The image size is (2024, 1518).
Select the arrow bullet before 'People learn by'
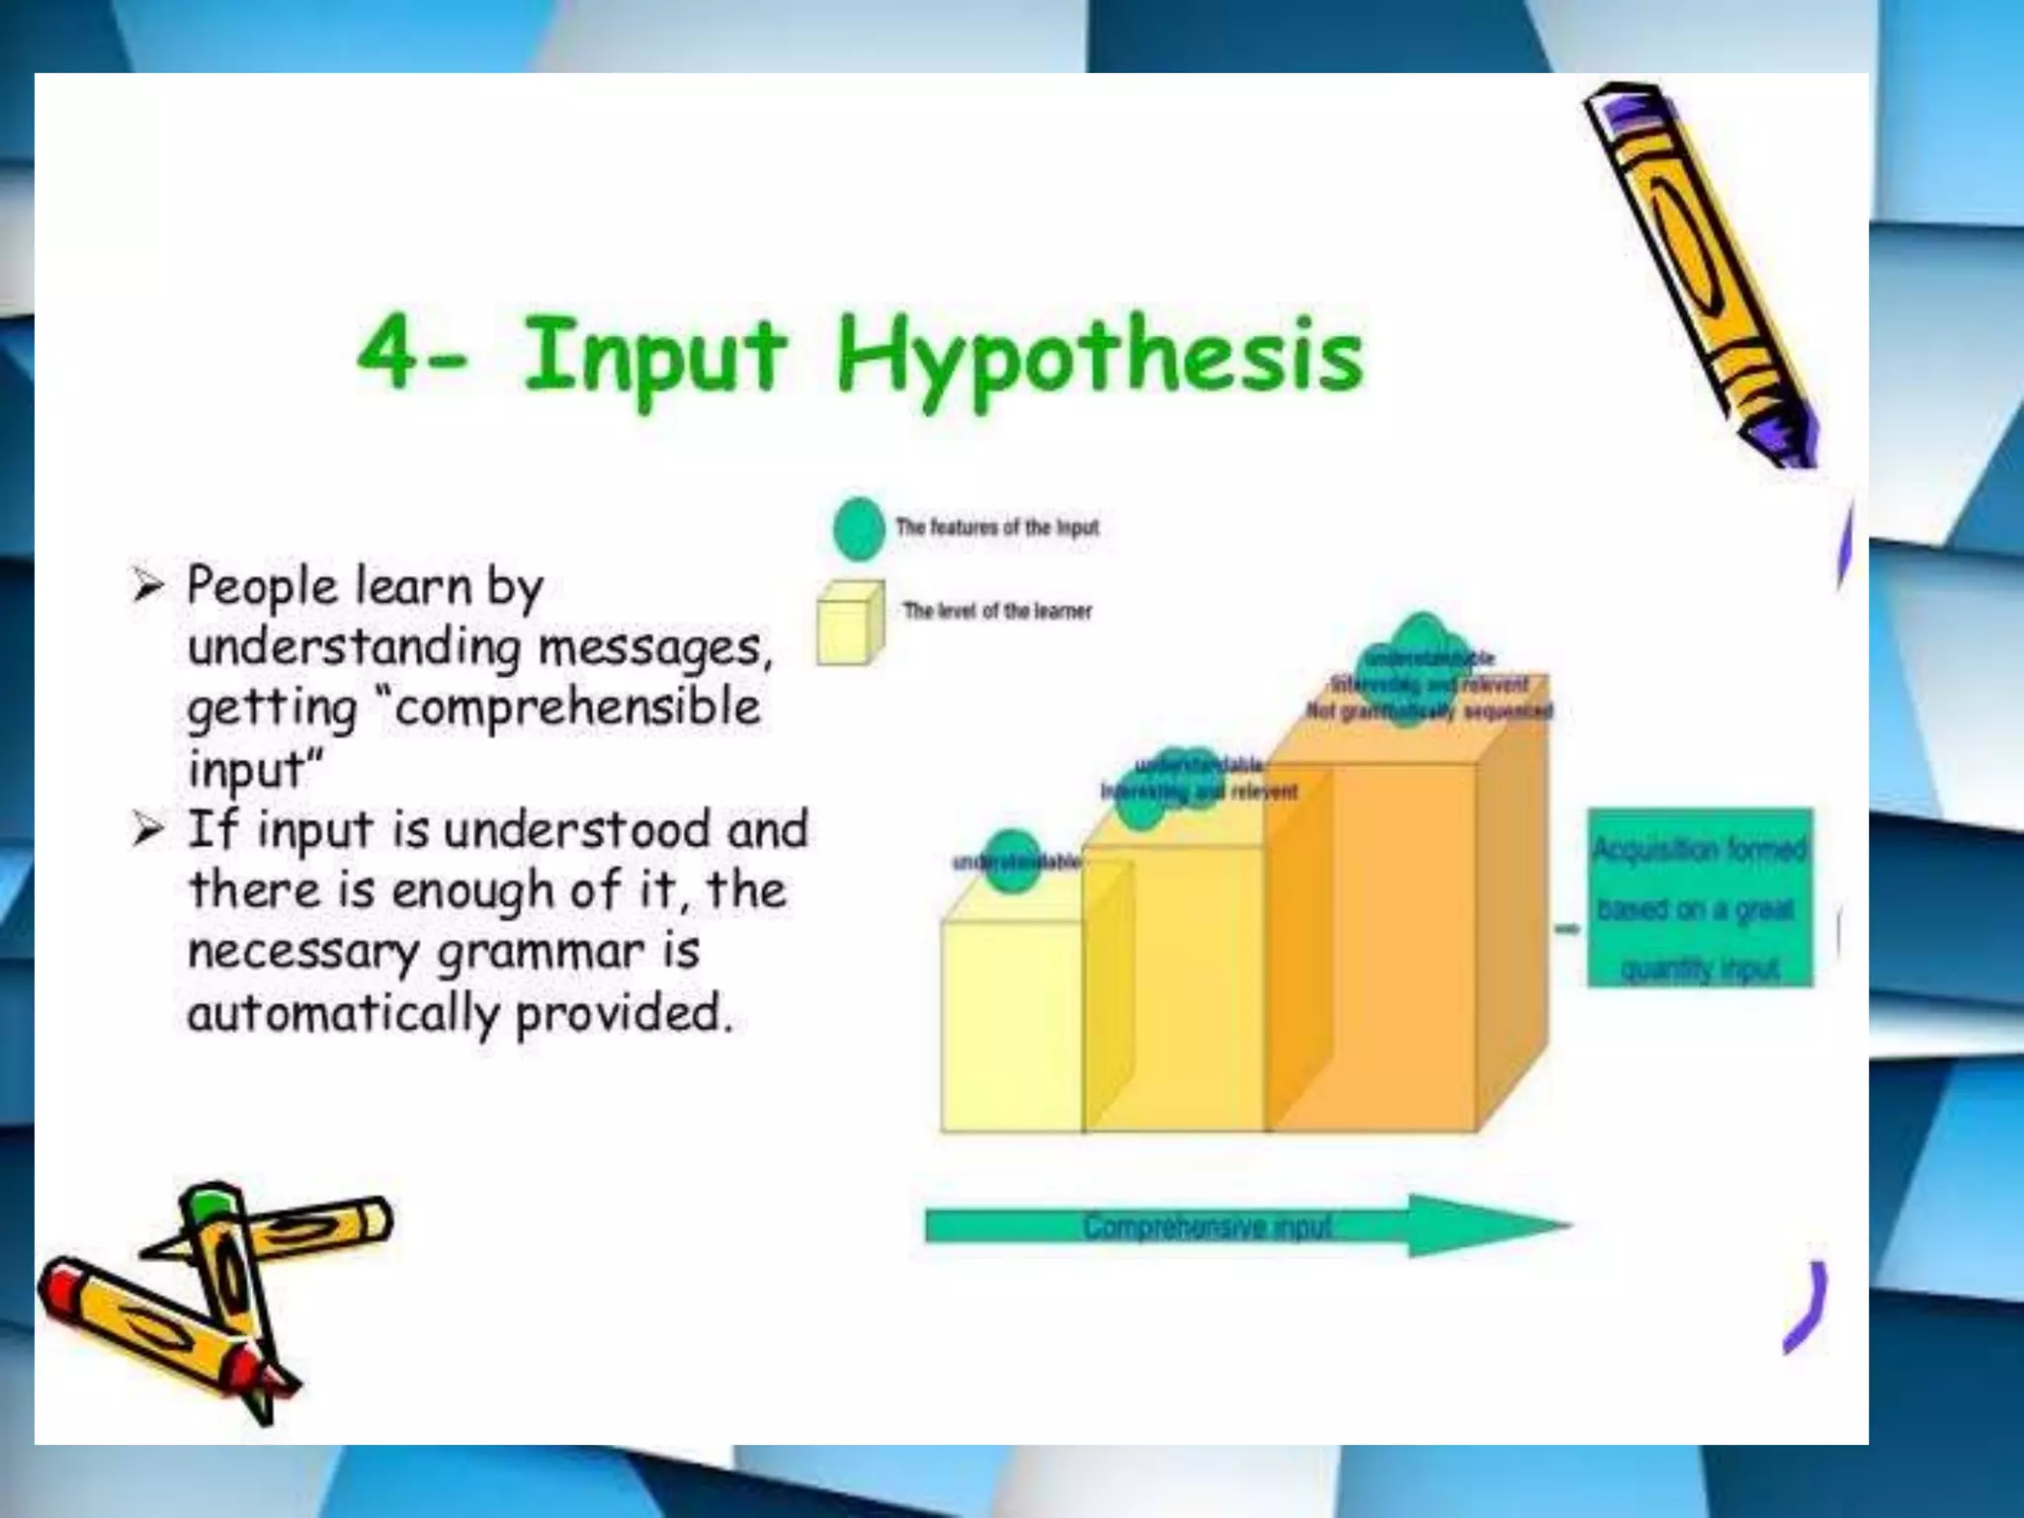coord(147,587)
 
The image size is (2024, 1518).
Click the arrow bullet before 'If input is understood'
coord(147,829)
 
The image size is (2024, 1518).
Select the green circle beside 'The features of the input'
coord(858,528)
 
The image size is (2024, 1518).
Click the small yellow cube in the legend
coord(848,624)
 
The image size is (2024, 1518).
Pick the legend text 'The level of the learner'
coord(997,611)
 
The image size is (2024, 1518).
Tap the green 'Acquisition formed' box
coord(1700,897)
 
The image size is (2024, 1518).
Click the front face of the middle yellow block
coord(1173,988)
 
